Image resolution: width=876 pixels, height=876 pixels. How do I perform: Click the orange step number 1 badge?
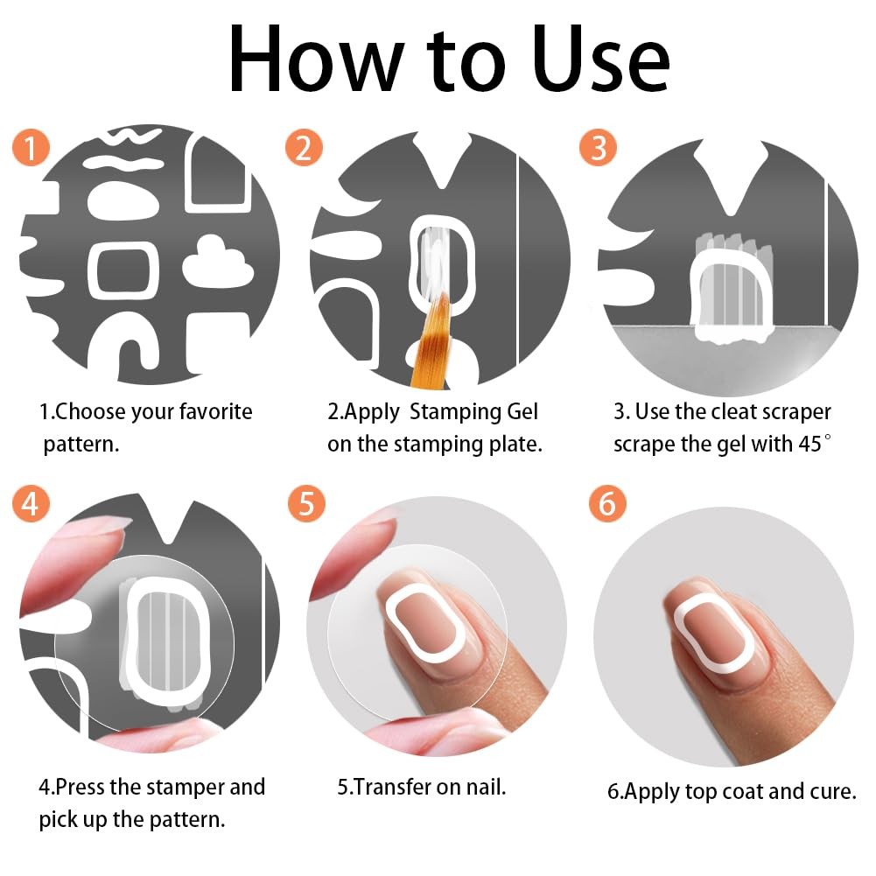[x=31, y=148]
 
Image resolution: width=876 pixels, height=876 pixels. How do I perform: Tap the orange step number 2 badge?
[x=304, y=148]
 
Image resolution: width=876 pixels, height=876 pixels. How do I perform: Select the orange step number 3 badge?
[x=599, y=148]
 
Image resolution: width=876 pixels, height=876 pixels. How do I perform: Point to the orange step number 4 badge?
[x=31, y=503]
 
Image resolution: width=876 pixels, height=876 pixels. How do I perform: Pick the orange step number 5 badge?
[x=306, y=503]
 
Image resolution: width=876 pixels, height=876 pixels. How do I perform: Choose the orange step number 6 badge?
[x=607, y=503]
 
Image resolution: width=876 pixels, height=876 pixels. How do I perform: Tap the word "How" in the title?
[x=317, y=60]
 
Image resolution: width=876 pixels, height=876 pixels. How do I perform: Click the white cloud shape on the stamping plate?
[x=218, y=262]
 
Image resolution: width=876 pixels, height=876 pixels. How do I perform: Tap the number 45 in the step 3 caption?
[x=809, y=445]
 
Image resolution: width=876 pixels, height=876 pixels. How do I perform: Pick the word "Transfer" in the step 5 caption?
[x=392, y=787]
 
